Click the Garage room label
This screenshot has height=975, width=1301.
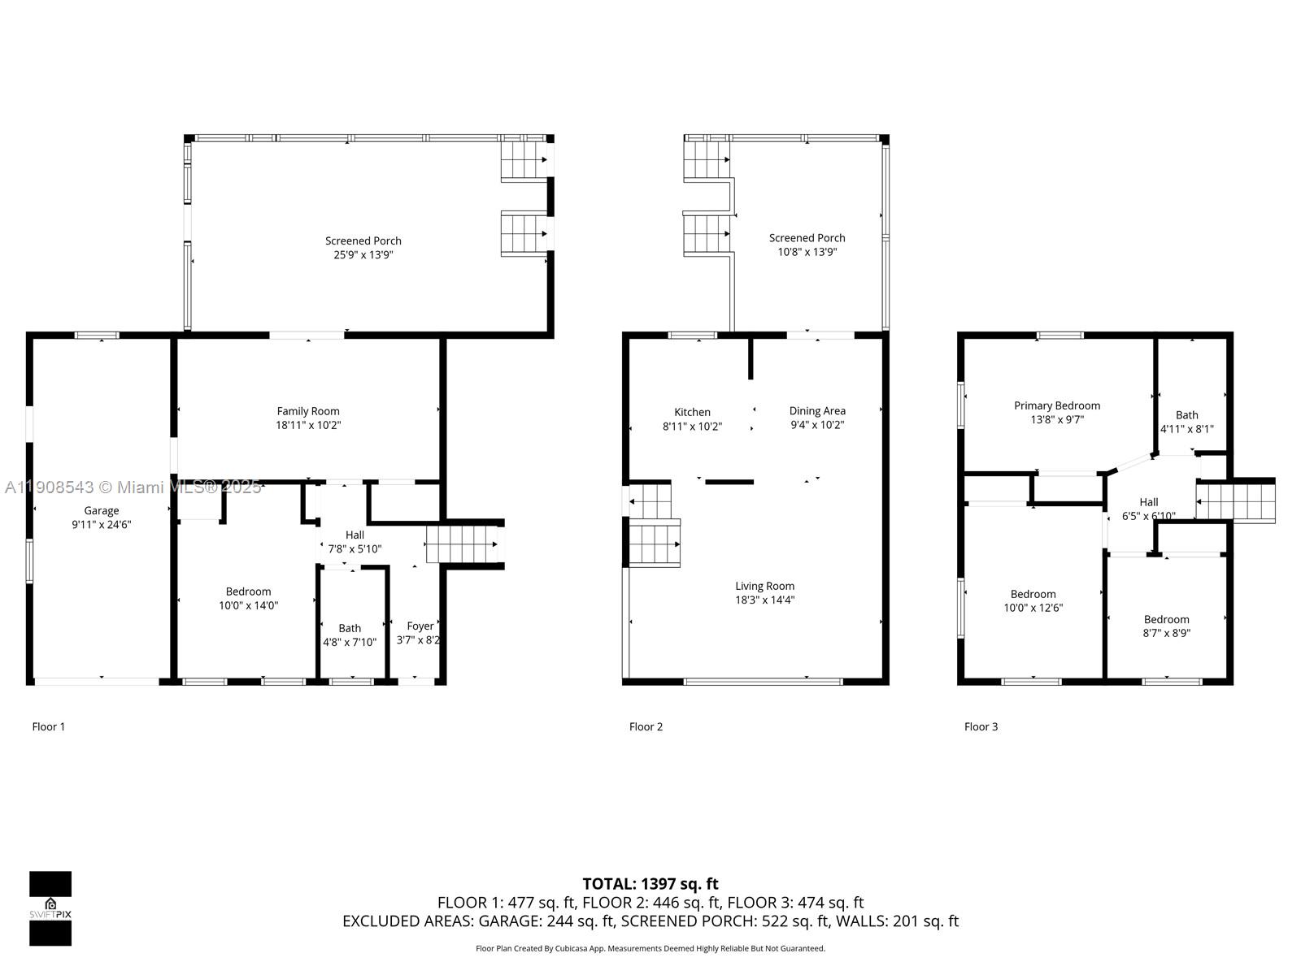(102, 510)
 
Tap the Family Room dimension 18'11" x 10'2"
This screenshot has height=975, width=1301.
(308, 425)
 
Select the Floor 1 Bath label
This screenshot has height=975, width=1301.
(350, 628)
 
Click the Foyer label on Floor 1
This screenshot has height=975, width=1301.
(420, 626)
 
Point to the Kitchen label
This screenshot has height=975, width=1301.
(692, 412)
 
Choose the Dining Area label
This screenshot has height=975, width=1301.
(817, 411)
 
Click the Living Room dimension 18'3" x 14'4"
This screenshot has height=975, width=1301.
(764, 600)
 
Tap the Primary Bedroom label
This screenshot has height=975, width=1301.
(1056, 405)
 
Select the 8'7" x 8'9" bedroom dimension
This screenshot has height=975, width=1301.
(1166, 633)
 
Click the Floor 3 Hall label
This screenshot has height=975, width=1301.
(1148, 502)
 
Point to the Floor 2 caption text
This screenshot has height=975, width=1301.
(646, 726)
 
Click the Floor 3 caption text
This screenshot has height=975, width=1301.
(981, 726)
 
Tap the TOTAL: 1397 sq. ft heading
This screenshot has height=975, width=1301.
(650, 883)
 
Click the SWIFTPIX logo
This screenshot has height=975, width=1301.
(50, 908)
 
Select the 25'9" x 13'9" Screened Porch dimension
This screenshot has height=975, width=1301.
(363, 255)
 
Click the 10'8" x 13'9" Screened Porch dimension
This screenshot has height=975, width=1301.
(807, 252)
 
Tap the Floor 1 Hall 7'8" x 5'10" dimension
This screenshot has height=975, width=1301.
(355, 548)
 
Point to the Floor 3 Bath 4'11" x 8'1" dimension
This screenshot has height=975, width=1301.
(1186, 429)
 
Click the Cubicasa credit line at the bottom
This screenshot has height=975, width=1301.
(650, 948)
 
